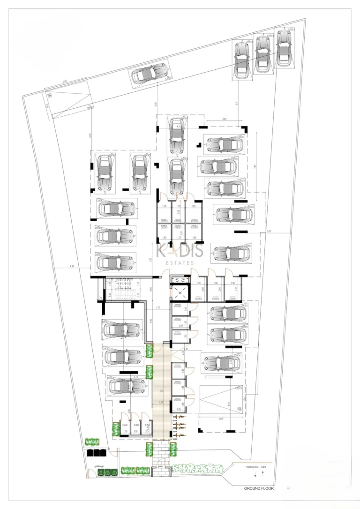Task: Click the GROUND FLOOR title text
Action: click(258, 488)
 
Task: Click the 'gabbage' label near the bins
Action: click(99, 466)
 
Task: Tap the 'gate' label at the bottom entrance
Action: click(160, 466)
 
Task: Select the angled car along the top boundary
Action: click(150, 75)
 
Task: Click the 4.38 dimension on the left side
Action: click(71, 267)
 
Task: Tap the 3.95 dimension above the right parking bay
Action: click(224, 120)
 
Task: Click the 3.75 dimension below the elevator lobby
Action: click(158, 307)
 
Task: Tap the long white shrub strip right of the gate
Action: click(197, 468)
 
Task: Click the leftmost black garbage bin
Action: click(90, 454)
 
